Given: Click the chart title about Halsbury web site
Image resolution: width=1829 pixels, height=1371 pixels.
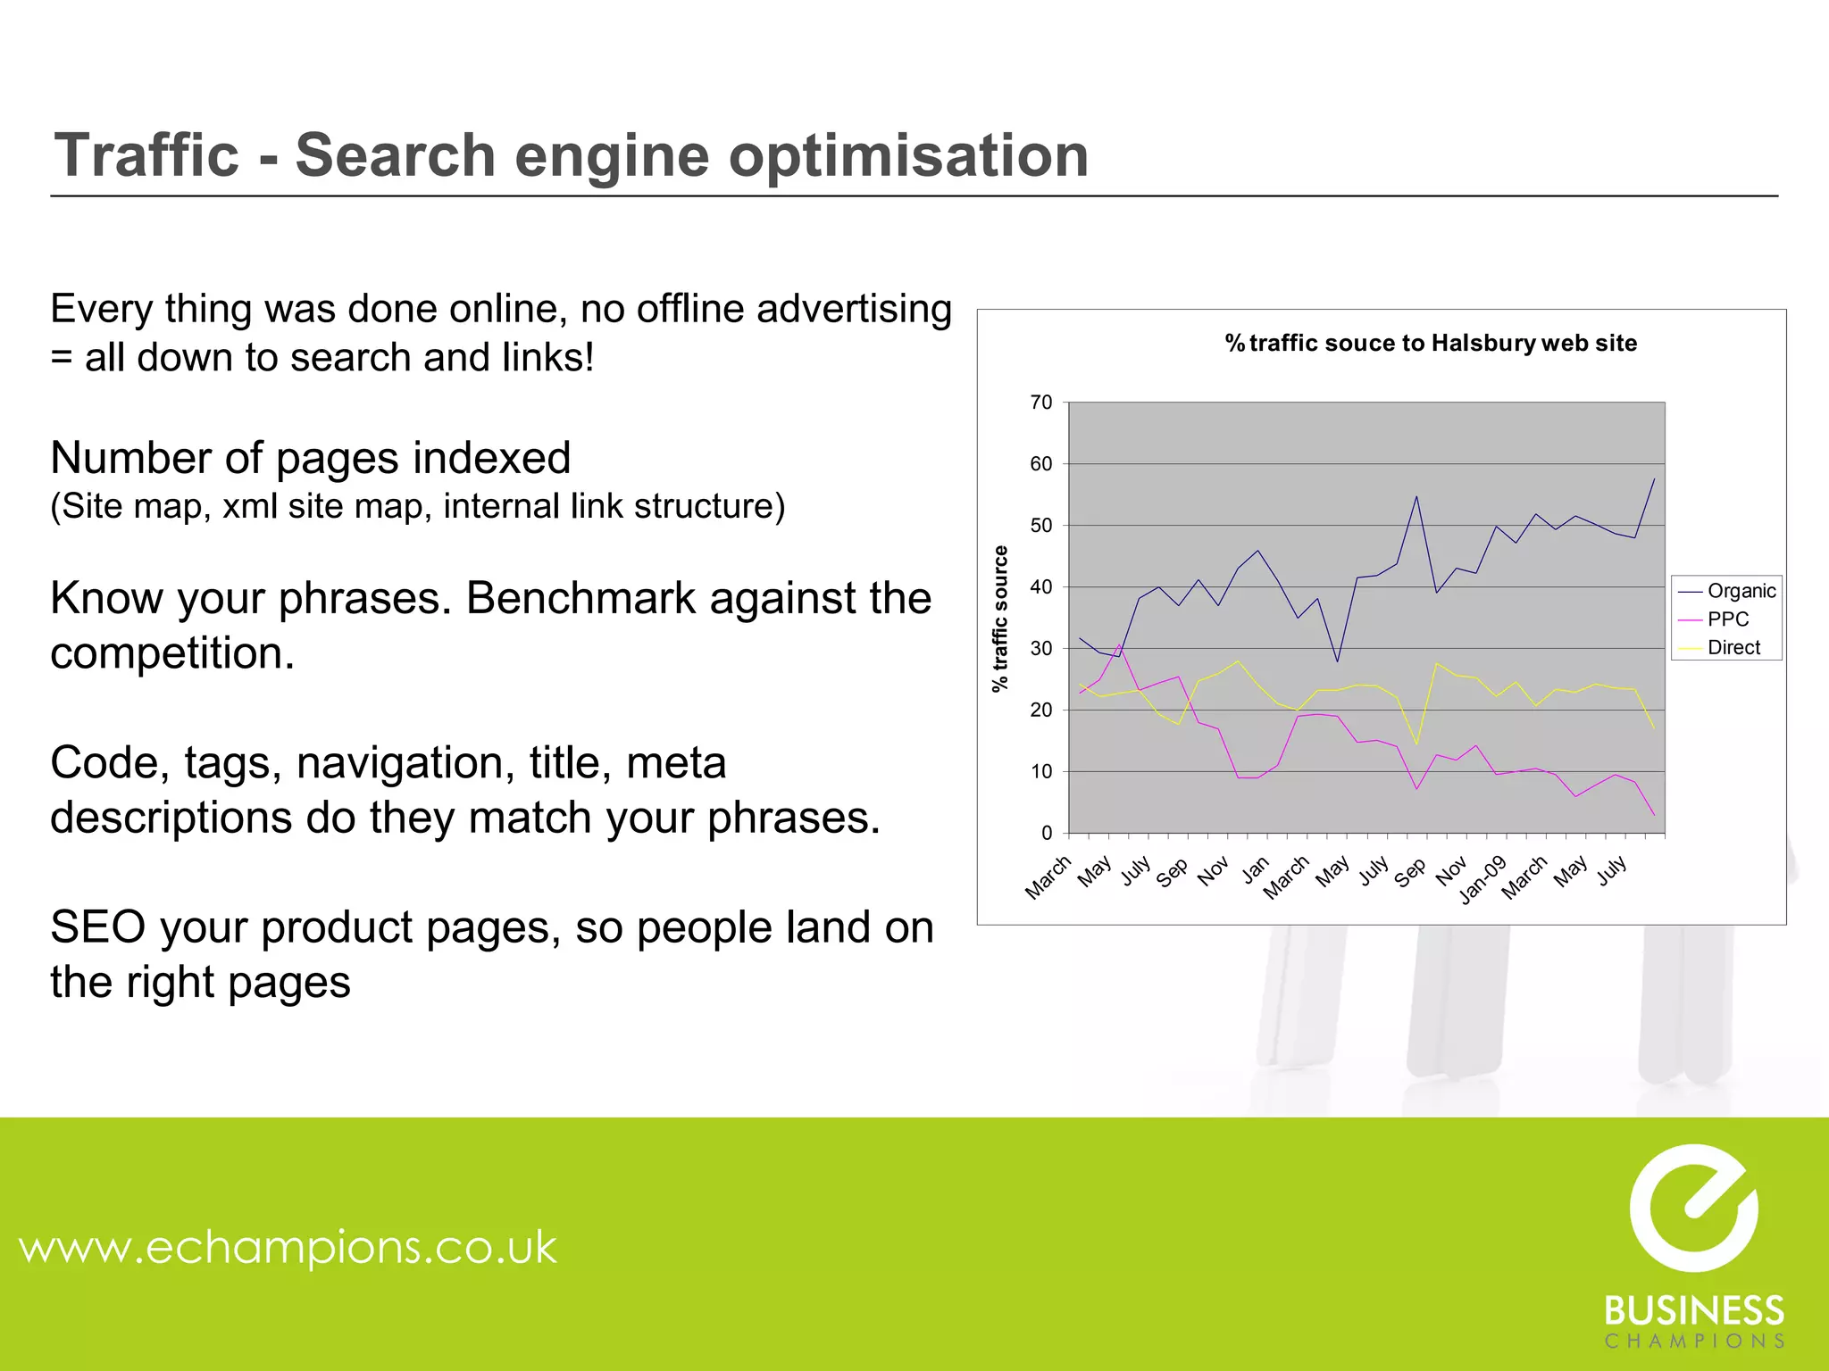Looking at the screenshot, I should click(1431, 344).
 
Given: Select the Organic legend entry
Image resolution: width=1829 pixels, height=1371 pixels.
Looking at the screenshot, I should click(1741, 591).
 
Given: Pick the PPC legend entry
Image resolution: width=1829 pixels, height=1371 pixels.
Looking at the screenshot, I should click(1727, 619).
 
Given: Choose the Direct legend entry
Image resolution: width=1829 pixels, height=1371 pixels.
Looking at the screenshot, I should click(1733, 648).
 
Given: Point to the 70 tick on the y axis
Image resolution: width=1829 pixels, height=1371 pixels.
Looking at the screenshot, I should click(1041, 403).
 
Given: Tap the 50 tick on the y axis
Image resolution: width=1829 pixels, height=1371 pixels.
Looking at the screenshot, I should click(1041, 526).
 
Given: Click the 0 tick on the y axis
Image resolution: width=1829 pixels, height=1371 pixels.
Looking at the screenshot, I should click(1047, 833).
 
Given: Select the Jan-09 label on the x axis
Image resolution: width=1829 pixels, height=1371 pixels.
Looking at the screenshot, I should click(1483, 879).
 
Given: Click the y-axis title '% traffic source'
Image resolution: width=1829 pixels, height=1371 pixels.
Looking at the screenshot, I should click(1000, 618).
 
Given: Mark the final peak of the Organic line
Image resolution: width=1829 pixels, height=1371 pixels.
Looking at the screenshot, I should click(1654, 479).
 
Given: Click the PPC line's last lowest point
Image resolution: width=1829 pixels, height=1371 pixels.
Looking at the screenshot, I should click(1654, 815).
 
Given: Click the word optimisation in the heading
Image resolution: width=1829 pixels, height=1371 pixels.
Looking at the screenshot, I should click(908, 155).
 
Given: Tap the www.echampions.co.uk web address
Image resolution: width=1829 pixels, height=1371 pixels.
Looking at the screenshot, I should click(288, 1246).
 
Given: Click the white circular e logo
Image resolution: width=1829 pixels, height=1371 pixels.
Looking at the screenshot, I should click(1693, 1208).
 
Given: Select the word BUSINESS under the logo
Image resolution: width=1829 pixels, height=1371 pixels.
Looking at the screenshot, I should click(1694, 1310).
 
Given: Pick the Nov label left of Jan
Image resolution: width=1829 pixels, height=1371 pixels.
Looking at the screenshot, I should click(1213, 870).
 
